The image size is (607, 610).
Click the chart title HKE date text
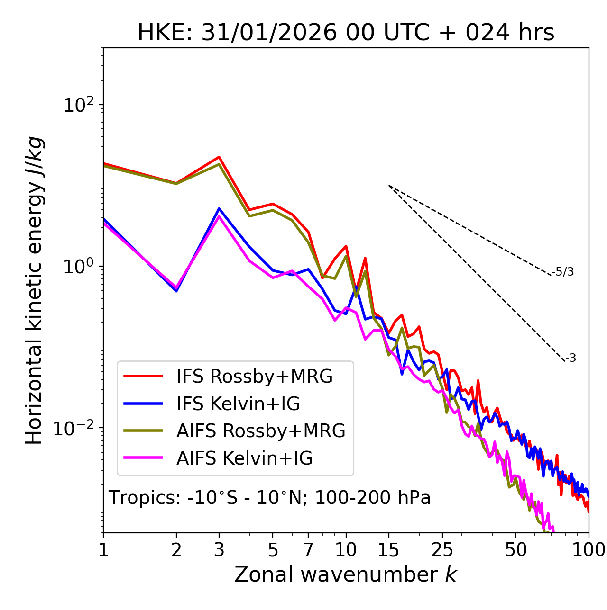click(346, 33)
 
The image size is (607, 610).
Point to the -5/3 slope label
click(563, 272)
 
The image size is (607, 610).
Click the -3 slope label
click(570, 359)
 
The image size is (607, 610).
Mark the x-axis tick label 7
click(308, 550)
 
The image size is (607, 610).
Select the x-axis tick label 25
click(442, 550)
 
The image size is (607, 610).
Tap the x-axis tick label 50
click(515, 550)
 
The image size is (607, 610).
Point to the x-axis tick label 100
click(588, 550)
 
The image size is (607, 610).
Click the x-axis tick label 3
click(219, 550)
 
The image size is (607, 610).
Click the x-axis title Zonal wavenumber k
click(345, 575)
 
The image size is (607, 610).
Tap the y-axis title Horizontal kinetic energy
click(34, 291)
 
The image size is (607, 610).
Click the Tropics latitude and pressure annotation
click(269, 498)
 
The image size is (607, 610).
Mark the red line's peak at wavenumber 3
click(219, 157)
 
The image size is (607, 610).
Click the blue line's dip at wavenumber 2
click(176, 290)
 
